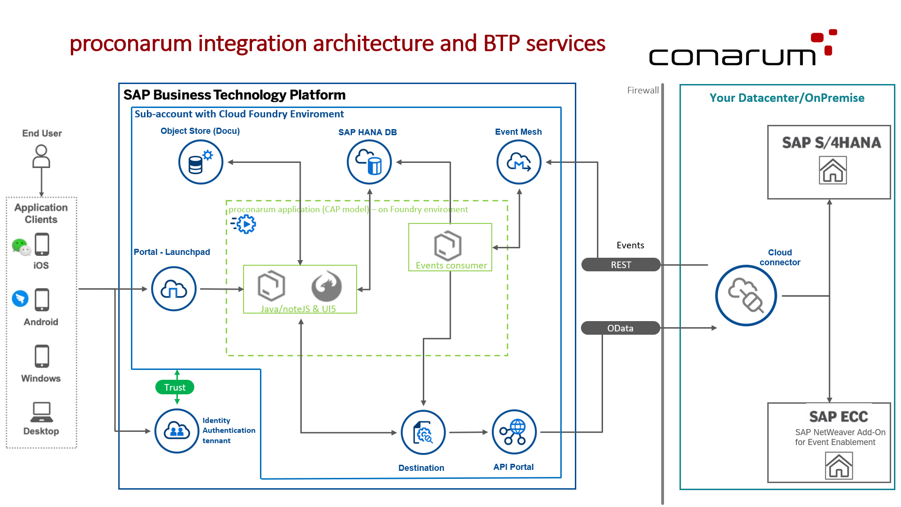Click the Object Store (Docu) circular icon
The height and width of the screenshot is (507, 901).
coord(201,162)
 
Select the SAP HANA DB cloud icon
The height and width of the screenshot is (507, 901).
coord(369,162)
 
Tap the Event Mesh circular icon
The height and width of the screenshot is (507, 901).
coord(519,162)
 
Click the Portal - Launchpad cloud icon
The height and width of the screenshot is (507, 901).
coord(174,289)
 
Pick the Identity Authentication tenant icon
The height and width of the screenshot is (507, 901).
coord(177,431)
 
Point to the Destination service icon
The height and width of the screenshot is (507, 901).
coord(423,432)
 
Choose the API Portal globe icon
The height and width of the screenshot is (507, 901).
coord(514,432)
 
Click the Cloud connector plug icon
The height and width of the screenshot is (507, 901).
coord(746,296)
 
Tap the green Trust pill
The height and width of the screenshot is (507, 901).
coord(175,387)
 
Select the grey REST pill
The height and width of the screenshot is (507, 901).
coord(621,265)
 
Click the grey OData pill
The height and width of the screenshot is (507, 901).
coord(620,328)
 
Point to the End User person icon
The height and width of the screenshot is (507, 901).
coord(41,156)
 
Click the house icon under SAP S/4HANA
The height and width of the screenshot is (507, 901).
coord(833,170)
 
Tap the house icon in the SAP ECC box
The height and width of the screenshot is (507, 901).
coord(839,466)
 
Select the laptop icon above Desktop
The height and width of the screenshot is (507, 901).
coord(42,412)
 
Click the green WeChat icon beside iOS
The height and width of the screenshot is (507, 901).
coord(21,246)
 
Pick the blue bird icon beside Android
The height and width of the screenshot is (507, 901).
coord(20,299)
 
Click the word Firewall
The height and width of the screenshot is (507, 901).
coord(643,90)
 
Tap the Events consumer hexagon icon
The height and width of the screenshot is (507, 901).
coord(448,246)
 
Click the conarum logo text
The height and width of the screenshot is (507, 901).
coord(733,56)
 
